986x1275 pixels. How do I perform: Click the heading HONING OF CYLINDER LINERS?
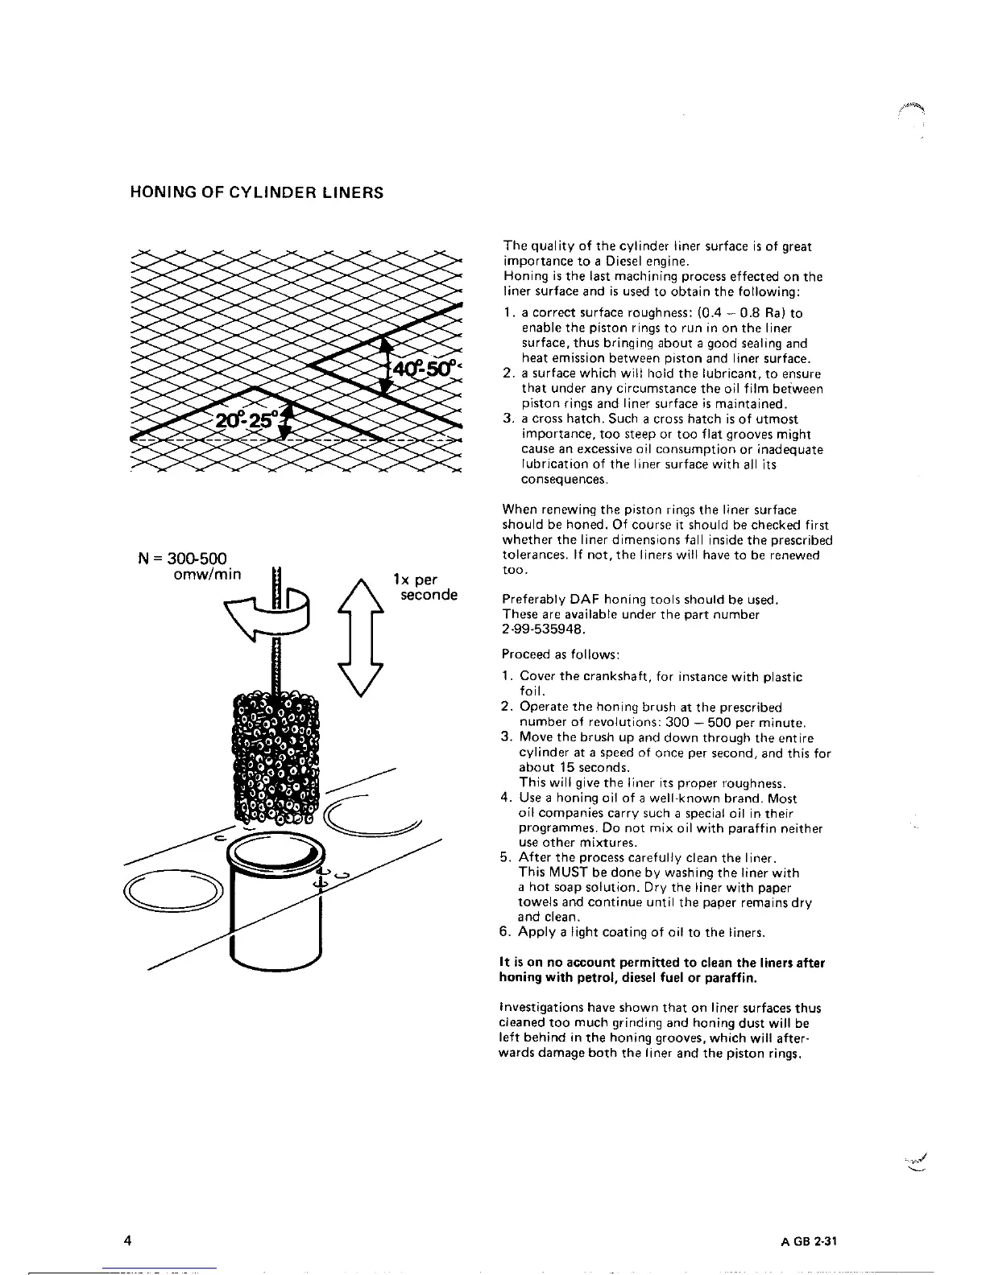pyautogui.click(x=256, y=193)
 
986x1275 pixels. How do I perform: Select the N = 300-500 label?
pyautogui.click(x=180, y=559)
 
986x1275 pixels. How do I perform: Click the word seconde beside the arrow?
pyautogui.click(x=429, y=595)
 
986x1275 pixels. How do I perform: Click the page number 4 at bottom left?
pyautogui.click(x=128, y=1239)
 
